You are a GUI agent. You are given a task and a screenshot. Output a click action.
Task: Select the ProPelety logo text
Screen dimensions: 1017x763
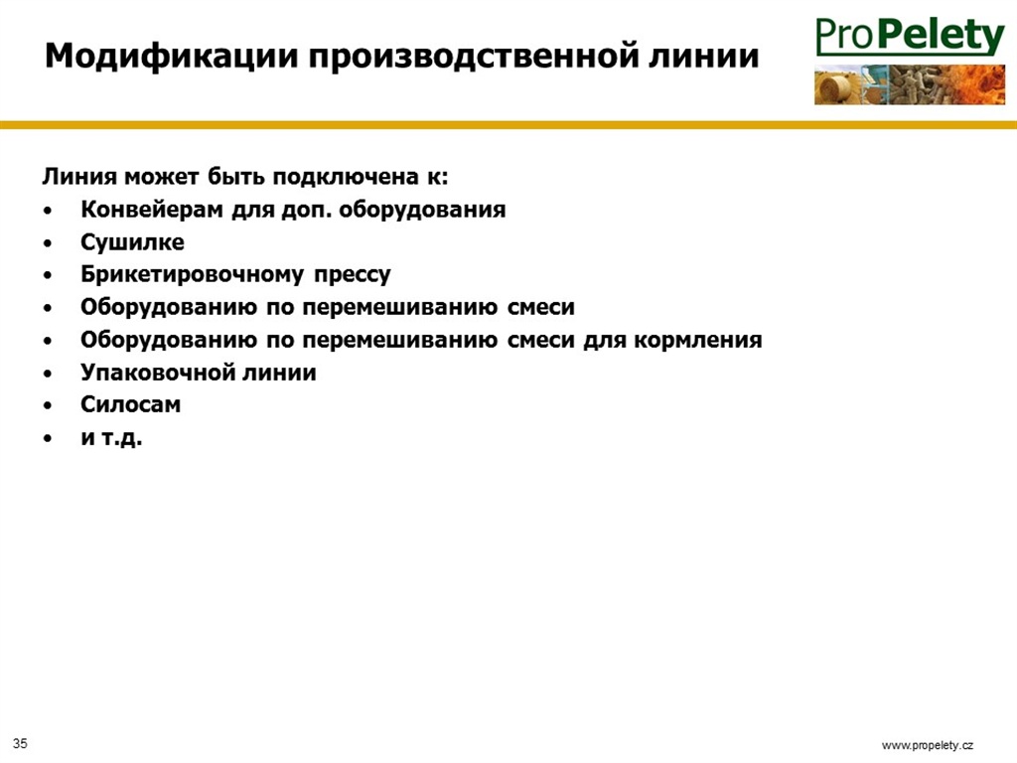tap(910, 37)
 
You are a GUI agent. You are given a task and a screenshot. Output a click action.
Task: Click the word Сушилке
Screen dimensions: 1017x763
tap(132, 242)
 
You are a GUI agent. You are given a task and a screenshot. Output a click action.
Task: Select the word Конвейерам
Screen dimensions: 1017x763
tap(152, 211)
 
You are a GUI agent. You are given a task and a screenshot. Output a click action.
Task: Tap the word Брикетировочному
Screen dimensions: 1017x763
tap(192, 275)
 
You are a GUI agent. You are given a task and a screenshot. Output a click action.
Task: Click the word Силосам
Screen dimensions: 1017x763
tap(130, 405)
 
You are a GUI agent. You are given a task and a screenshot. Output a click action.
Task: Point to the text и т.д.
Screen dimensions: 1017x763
tap(111, 438)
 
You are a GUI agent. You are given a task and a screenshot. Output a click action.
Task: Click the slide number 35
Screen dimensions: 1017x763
tap(20, 743)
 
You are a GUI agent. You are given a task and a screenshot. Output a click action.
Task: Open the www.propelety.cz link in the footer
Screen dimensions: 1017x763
tap(928, 745)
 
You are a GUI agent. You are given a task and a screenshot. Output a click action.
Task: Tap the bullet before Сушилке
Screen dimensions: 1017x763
tap(48, 244)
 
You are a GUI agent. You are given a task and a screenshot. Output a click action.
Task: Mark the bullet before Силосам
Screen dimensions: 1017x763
tap(48, 406)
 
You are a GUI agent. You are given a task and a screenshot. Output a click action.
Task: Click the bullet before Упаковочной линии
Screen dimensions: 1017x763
tap(48, 374)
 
